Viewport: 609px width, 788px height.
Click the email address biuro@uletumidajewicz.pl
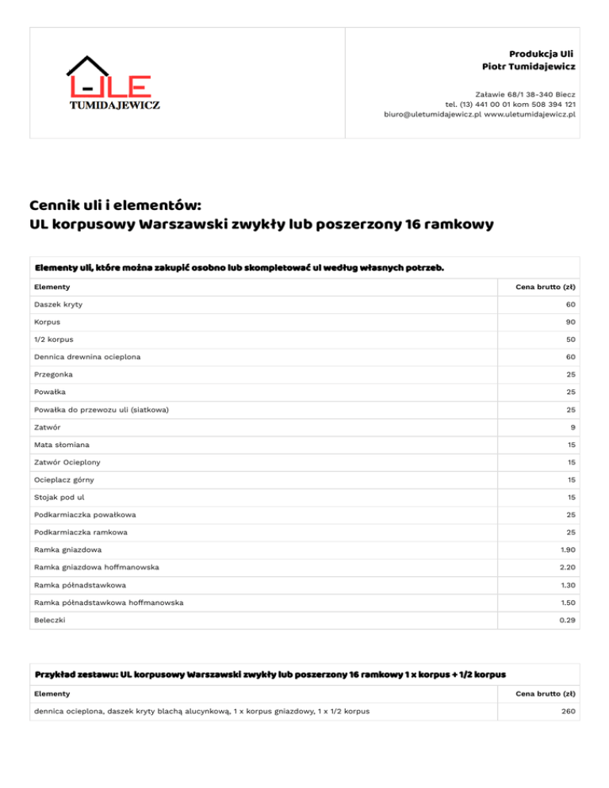pos(432,114)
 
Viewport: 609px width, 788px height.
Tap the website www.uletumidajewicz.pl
pos(530,114)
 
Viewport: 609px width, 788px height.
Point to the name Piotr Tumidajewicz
pos(528,65)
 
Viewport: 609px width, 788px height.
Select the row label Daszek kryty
pos(58,304)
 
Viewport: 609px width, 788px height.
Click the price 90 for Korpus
pos(570,323)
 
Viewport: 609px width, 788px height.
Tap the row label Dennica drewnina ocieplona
pos(87,357)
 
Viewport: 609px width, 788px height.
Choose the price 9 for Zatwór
pos(573,427)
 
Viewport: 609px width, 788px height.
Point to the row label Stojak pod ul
pos(59,497)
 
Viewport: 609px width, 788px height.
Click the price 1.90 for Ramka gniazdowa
pos(566,549)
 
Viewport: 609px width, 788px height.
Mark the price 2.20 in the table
pos(566,567)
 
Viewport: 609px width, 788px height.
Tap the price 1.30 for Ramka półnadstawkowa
pos(566,584)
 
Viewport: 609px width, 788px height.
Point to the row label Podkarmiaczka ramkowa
pos(80,532)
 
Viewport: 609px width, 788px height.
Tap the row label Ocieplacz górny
pos(66,480)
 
